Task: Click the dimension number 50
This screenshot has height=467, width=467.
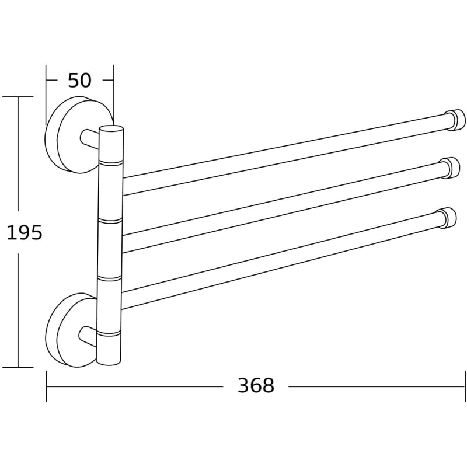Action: (79, 80)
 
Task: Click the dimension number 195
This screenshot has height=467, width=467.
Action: (25, 232)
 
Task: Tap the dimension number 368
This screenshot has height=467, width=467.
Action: (256, 385)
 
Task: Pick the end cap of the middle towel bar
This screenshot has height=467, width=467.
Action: (451, 168)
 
